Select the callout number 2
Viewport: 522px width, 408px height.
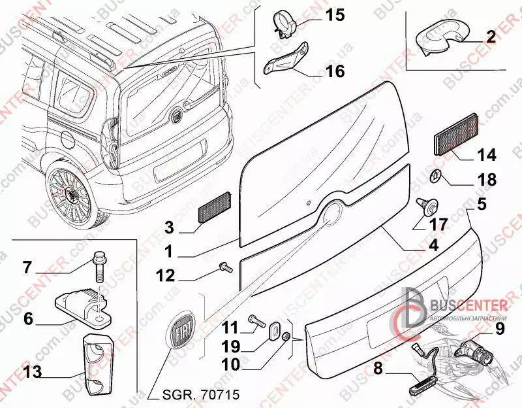pyautogui.click(x=491, y=37)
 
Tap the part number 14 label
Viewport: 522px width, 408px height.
pyautogui.click(x=486, y=155)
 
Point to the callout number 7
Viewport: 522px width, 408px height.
pyautogui.click(x=27, y=267)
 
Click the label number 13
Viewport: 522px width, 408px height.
pyautogui.click(x=32, y=373)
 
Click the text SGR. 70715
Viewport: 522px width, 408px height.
pyautogui.click(x=192, y=395)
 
